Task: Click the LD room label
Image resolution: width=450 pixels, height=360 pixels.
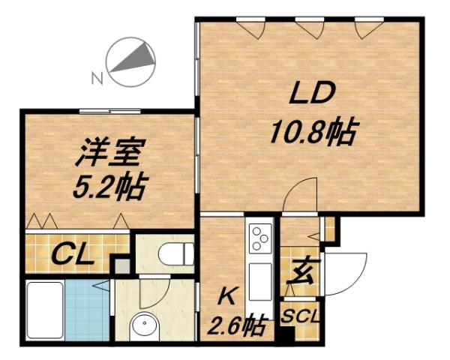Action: [x=308, y=95]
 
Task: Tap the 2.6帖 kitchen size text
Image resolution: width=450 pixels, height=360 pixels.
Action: [x=236, y=326]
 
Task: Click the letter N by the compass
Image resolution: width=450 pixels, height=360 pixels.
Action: [x=96, y=76]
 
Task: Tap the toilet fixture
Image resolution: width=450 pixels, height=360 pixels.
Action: [x=172, y=253]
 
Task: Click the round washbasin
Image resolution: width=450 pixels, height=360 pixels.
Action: [x=143, y=324]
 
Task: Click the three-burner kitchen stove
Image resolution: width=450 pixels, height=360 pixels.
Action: [x=261, y=238]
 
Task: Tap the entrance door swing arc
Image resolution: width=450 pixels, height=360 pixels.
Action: [x=346, y=271]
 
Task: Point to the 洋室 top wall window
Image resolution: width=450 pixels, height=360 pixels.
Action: [x=109, y=111]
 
